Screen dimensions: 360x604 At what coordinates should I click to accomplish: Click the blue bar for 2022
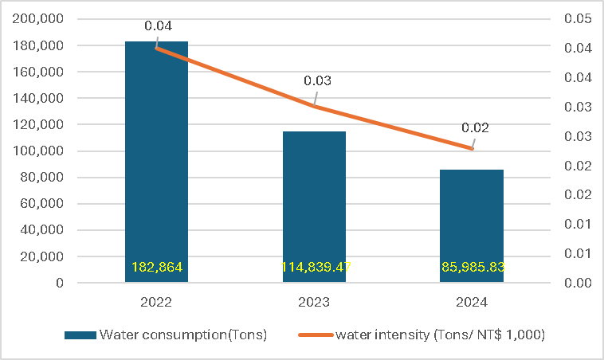(156, 159)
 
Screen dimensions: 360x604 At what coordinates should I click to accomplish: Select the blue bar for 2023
(314, 199)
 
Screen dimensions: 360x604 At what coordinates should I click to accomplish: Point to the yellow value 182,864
(156, 268)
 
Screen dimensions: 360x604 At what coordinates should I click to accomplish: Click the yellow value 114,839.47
(314, 268)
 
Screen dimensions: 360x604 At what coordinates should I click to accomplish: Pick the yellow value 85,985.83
(472, 268)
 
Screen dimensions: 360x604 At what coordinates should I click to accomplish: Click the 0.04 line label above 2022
(158, 25)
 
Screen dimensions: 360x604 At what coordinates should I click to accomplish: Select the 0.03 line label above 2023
(318, 80)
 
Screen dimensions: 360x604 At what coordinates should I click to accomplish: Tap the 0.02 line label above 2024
(475, 127)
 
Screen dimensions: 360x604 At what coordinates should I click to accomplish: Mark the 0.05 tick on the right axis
(576, 19)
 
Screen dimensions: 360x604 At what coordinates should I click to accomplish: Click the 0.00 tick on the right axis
(576, 283)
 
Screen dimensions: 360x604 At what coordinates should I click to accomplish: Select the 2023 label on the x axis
(314, 303)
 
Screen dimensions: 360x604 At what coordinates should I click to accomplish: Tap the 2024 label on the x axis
(472, 303)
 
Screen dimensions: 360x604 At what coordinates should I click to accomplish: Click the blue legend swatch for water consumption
(79, 335)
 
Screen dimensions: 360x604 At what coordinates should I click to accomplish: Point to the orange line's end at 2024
(472, 148)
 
